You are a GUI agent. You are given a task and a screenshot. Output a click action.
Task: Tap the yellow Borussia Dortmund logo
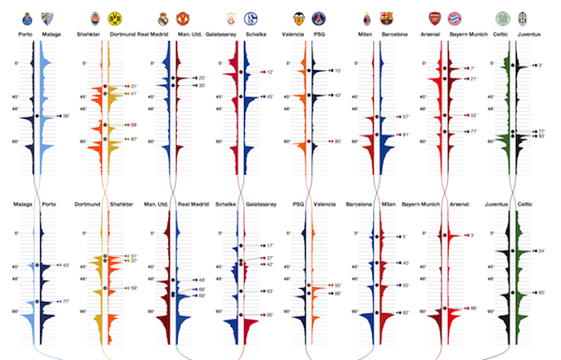tap(115, 18)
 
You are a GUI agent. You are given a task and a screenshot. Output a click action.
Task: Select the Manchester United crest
tap(183, 18)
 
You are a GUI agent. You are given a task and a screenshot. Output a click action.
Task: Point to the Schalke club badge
tap(251, 18)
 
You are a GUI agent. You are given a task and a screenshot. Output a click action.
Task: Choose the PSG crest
tap(319, 18)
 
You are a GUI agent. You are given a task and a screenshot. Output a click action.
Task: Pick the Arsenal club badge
tap(434, 18)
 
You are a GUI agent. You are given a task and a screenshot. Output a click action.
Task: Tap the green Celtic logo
tap(503, 18)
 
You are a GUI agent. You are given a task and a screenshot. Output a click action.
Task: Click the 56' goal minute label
tap(65, 116)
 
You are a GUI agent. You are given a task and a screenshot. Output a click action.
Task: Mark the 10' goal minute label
tap(338, 71)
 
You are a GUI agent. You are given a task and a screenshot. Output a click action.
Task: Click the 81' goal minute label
tap(405, 135)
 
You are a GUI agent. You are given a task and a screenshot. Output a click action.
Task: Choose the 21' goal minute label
tap(473, 79)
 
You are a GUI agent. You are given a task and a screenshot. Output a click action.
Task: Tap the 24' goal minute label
tap(541, 251)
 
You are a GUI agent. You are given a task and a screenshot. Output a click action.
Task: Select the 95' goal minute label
tap(270, 315)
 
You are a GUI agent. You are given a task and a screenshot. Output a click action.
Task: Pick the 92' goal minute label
tap(405, 312)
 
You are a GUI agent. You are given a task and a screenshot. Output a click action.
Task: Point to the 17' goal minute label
tap(270, 246)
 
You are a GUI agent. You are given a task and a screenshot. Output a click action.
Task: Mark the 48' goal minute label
tap(201, 280)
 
